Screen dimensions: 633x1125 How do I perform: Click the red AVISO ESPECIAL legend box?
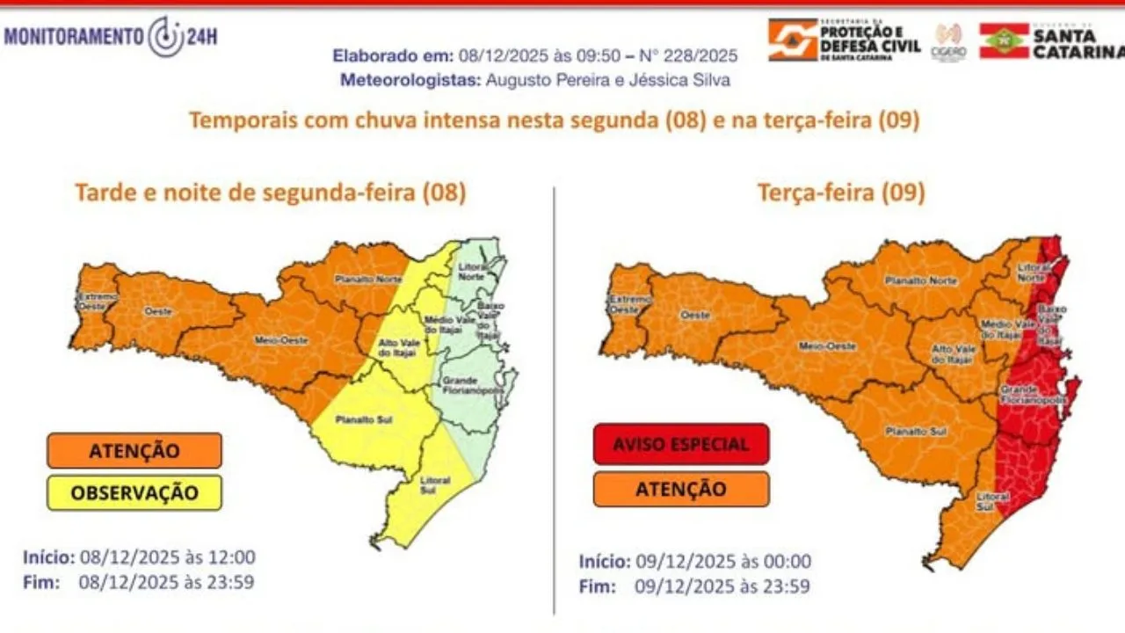(x=681, y=444)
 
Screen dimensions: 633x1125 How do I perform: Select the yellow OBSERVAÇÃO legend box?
(x=134, y=492)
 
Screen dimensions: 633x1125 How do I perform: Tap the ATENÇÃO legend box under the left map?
(x=134, y=450)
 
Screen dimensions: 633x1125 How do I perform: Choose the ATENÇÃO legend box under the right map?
(x=681, y=489)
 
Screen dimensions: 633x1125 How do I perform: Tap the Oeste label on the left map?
(x=159, y=312)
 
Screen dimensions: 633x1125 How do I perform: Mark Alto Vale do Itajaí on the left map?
(x=395, y=347)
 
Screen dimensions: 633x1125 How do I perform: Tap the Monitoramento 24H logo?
(x=112, y=37)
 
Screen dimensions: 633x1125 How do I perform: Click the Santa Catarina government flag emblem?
(x=1005, y=40)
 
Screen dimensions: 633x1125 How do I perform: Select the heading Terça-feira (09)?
(x=841, y=193)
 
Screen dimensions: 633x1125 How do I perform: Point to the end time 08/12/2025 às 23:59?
(x=167, y=581)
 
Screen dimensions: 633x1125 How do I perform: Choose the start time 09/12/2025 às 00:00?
(x=722, y=562)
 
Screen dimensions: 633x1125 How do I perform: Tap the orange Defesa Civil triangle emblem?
(x=793, y=40)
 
